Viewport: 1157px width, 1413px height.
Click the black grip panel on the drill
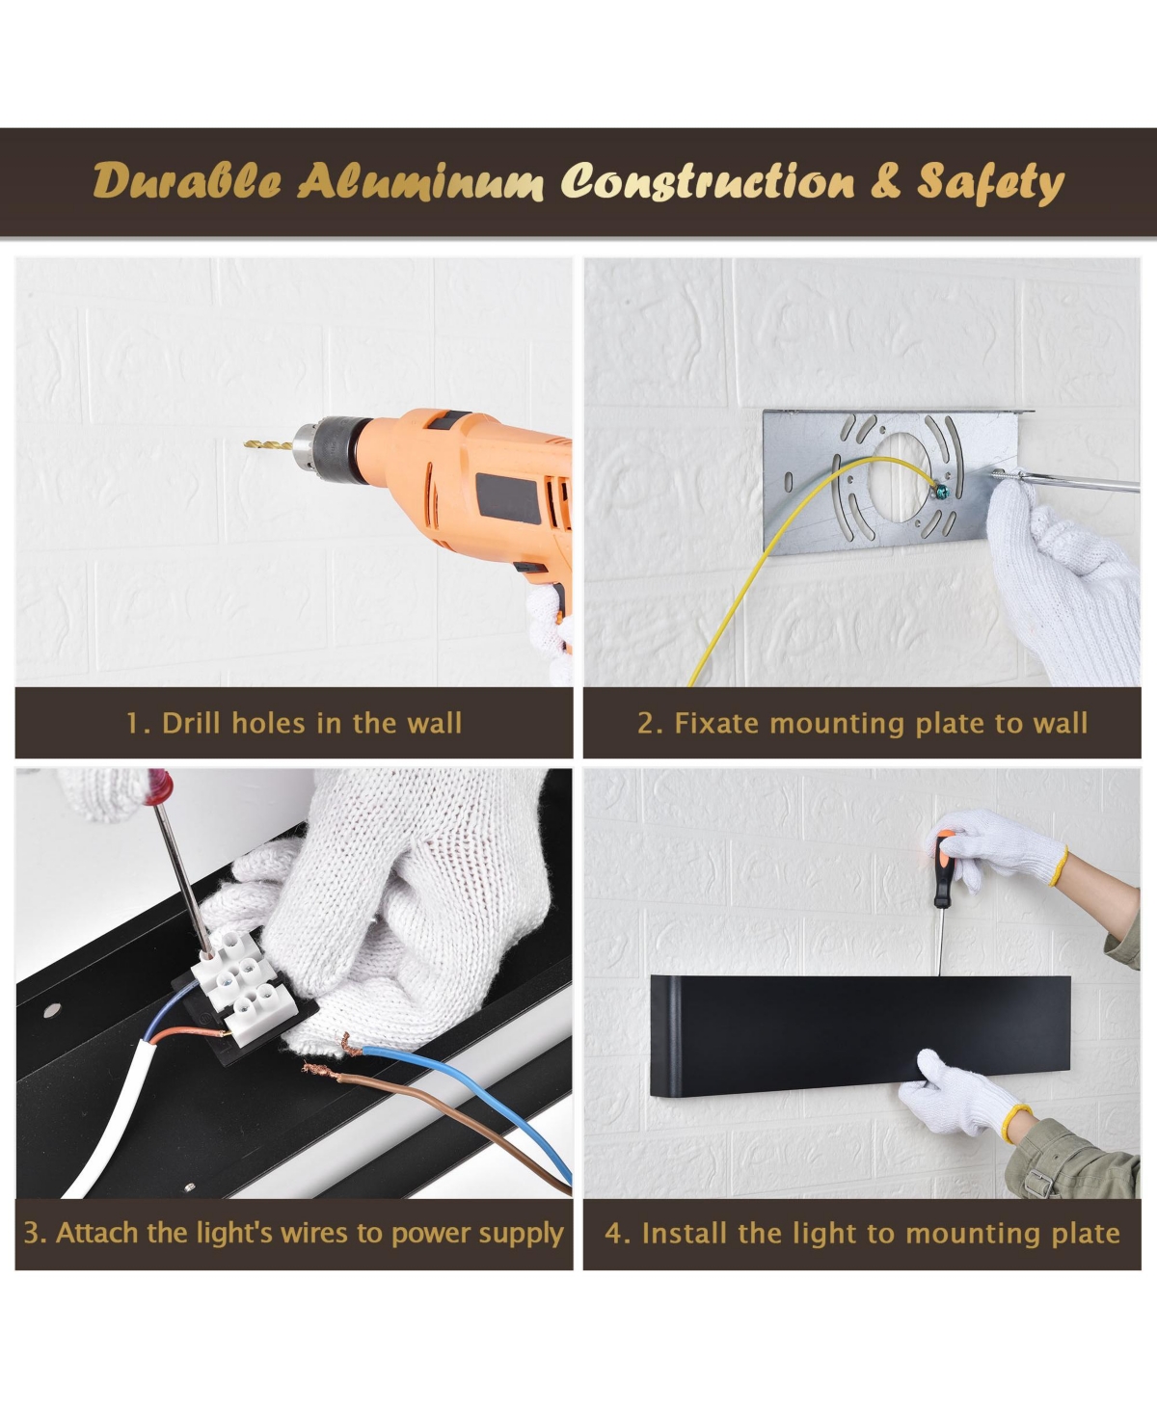click(x=509, y=497)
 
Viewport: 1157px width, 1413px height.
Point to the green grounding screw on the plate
click(x=943, y=493)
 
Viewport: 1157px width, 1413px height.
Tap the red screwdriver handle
click(x=159, y=786)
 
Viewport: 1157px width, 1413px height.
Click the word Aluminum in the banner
click(x=420, y=181)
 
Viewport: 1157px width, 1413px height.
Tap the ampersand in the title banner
click(x=885, y=182)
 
